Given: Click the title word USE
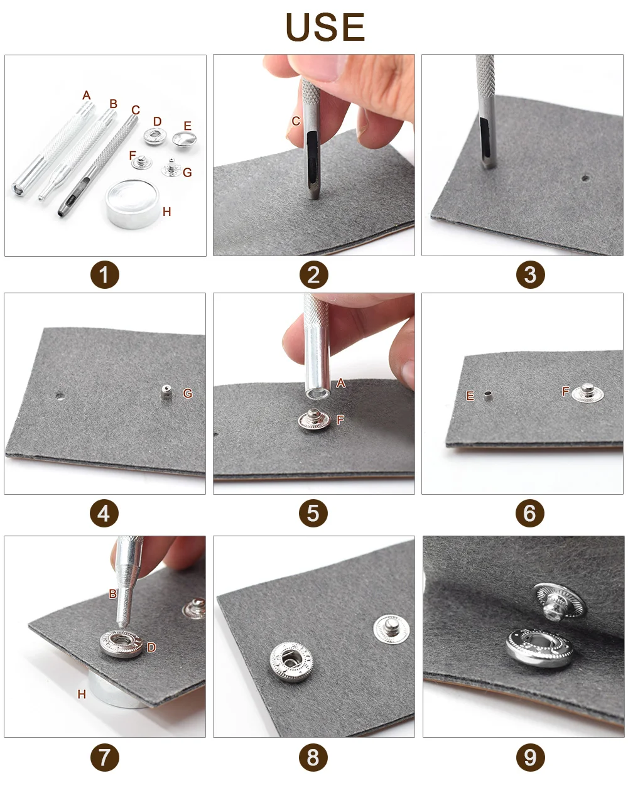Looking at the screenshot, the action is (325, 27).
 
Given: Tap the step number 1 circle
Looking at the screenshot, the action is (105, 274).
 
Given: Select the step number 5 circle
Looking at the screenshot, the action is (313, 513).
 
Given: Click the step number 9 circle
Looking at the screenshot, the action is (530, 758).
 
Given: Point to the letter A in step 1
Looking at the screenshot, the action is (87, 95).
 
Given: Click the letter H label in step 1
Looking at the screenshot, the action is (167, 212).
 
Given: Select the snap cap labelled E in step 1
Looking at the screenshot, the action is (184, 139).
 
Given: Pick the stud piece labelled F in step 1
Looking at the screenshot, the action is (142, 162).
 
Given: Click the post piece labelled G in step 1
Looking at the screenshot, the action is (171, 168).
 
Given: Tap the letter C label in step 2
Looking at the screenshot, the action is (296, 121).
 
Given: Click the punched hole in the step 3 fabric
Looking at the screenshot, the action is (585, 178).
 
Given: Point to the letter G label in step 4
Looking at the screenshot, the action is (188, 393).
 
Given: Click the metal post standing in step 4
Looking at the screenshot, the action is (166, 392).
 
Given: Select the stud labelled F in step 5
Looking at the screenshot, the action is (314, 419).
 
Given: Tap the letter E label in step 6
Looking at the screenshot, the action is (470, 396).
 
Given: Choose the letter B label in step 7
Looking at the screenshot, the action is (113, 593).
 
